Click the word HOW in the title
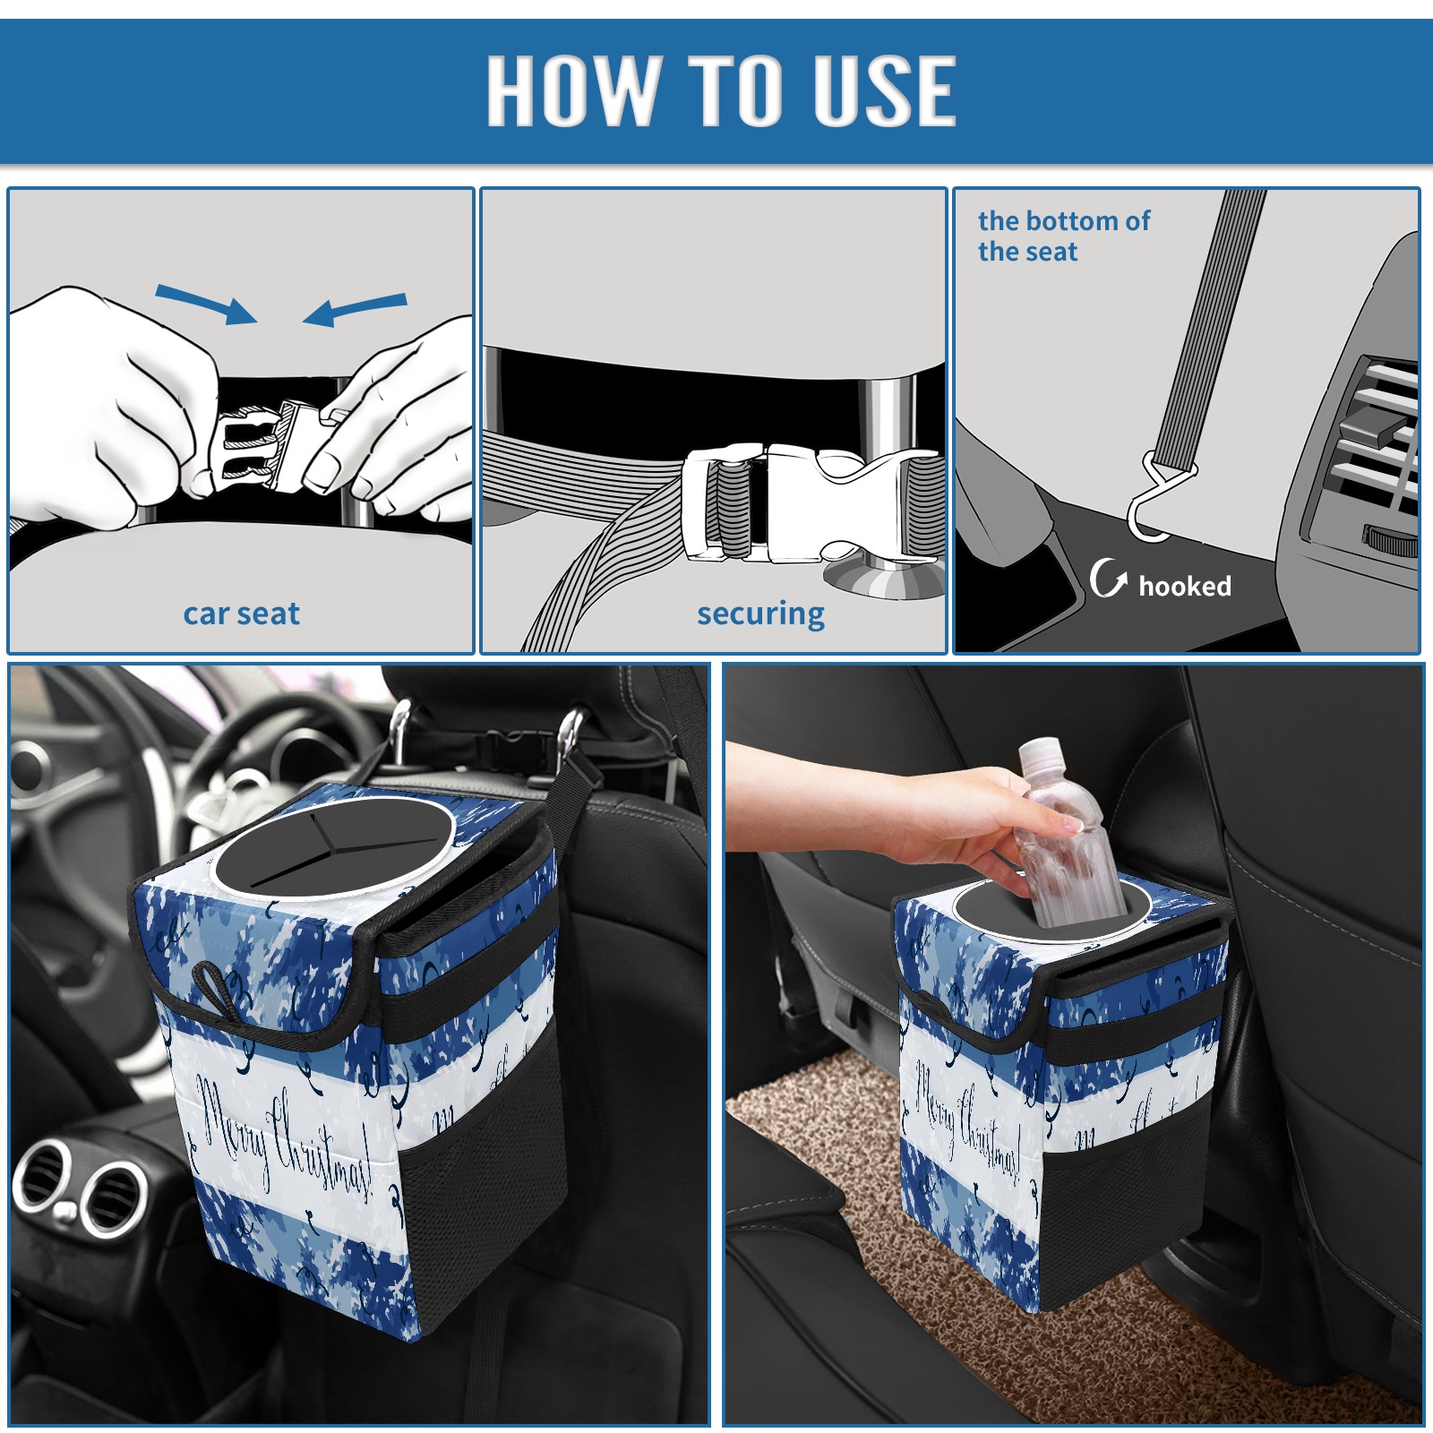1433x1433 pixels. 570,90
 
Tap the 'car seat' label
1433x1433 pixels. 241,614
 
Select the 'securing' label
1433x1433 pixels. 760,614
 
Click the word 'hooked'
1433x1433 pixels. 1185,586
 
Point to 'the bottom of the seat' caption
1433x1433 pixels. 1063,236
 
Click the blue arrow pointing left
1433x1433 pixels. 355,309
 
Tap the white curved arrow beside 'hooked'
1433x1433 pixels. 1108,578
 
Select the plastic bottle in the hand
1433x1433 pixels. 1064,833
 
